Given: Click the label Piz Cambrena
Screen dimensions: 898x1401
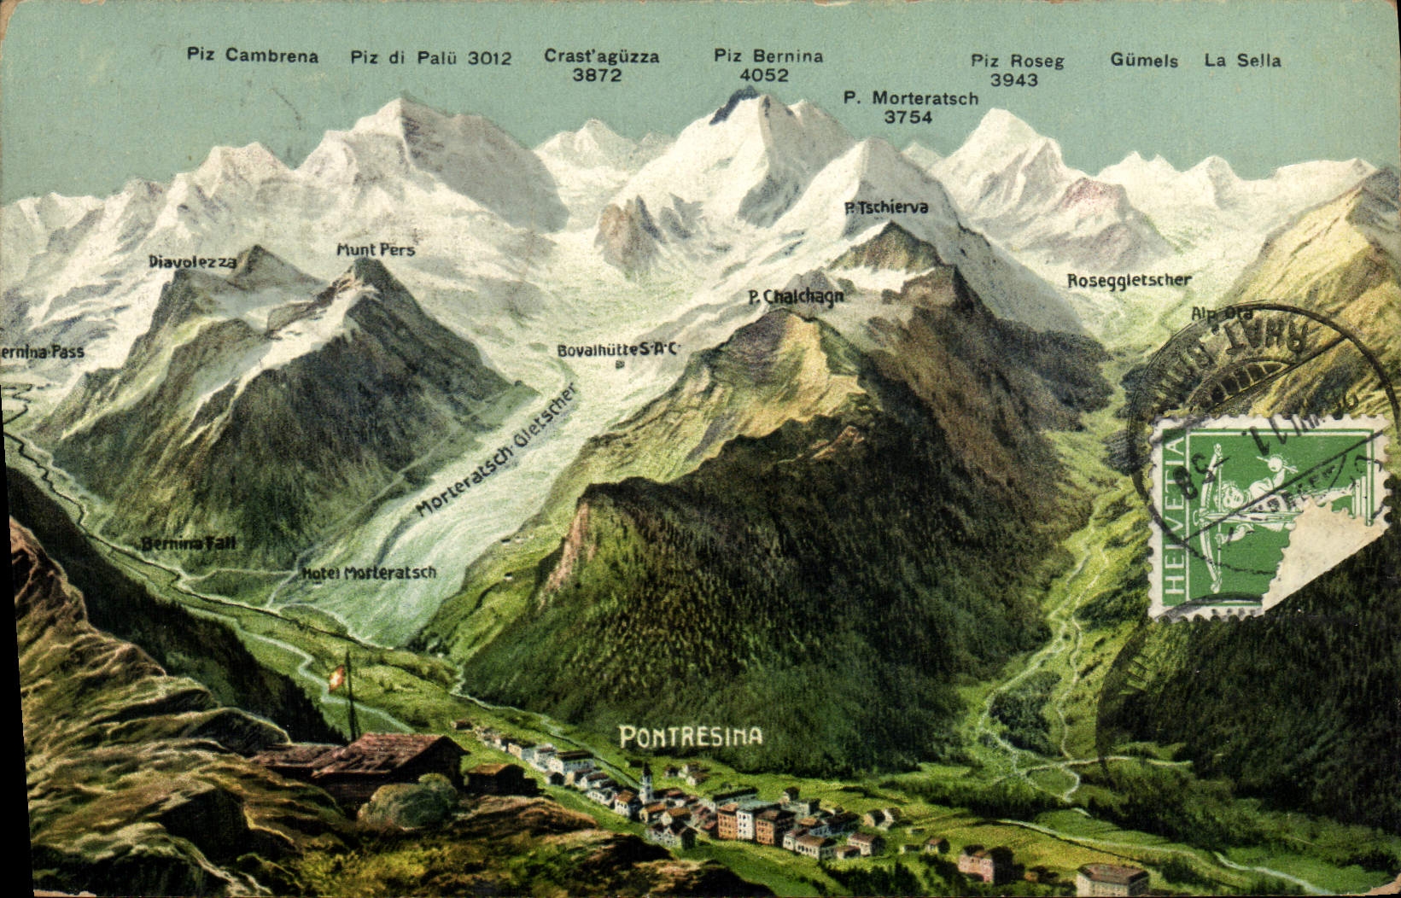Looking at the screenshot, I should (253, 56).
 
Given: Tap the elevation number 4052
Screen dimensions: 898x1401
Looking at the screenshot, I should (764, 75).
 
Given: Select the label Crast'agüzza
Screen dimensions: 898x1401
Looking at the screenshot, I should (602, 56).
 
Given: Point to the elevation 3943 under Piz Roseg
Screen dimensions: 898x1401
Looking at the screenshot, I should (1014, 80).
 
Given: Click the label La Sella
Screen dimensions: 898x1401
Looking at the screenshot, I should (1242, 61).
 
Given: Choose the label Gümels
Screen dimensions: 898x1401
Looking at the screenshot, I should (1144, 61).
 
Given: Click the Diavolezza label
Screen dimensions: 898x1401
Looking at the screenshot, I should (192, 261).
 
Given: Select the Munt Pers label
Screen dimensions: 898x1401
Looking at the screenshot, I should (376, 250).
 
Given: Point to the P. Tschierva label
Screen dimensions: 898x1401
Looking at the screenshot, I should (886, 207).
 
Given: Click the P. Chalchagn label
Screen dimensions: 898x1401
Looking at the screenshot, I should (796, 297).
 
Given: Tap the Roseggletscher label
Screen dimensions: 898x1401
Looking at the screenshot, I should (1129, 280).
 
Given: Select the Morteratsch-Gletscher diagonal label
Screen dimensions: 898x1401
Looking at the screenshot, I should (498, 450).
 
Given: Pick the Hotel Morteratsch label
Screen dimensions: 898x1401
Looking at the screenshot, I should (370, 573).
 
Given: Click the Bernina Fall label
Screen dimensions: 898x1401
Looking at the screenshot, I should (188, 544).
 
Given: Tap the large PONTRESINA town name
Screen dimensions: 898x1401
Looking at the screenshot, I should (691, 736).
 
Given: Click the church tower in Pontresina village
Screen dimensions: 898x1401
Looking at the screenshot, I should (647, 778).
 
